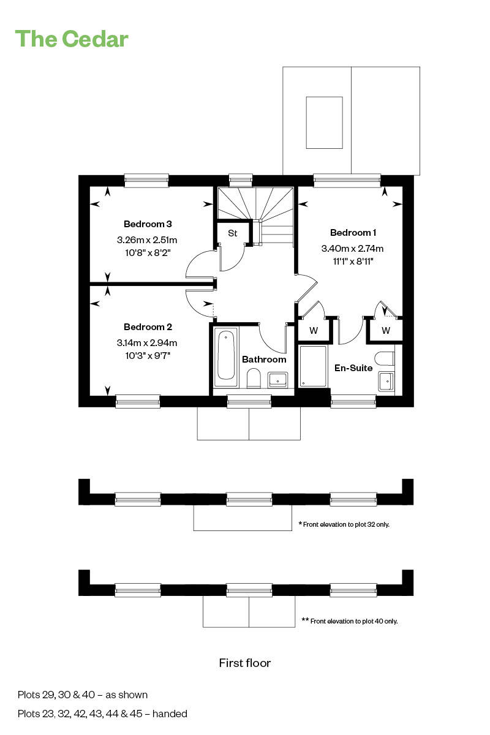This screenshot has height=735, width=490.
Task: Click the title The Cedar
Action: (72, 39)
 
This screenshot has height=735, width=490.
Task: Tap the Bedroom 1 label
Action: (353, 233)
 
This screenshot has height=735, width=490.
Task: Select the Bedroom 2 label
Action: (148, 327)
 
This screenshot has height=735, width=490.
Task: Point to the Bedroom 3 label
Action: (148, 224)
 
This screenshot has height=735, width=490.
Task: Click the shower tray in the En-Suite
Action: (313, 366)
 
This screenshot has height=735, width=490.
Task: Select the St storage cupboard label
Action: (233, 233)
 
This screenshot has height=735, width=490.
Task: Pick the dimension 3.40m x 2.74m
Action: (352, 249)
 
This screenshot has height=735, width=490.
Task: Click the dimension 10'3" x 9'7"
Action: (148, 355)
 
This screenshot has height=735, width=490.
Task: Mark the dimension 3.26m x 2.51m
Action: (148, 239)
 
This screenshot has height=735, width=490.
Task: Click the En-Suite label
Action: (353, 368)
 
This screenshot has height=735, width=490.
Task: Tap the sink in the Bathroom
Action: (277, 379)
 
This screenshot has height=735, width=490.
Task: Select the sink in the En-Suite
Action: (386, 382)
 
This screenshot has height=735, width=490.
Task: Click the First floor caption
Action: (245, 663)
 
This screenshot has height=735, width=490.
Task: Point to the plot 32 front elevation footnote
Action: (344, 524)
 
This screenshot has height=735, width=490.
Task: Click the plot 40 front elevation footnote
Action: (350, 621)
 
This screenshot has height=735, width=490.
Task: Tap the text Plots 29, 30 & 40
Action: (83, 695)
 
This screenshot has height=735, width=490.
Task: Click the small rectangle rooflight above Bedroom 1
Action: (324, 123)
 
